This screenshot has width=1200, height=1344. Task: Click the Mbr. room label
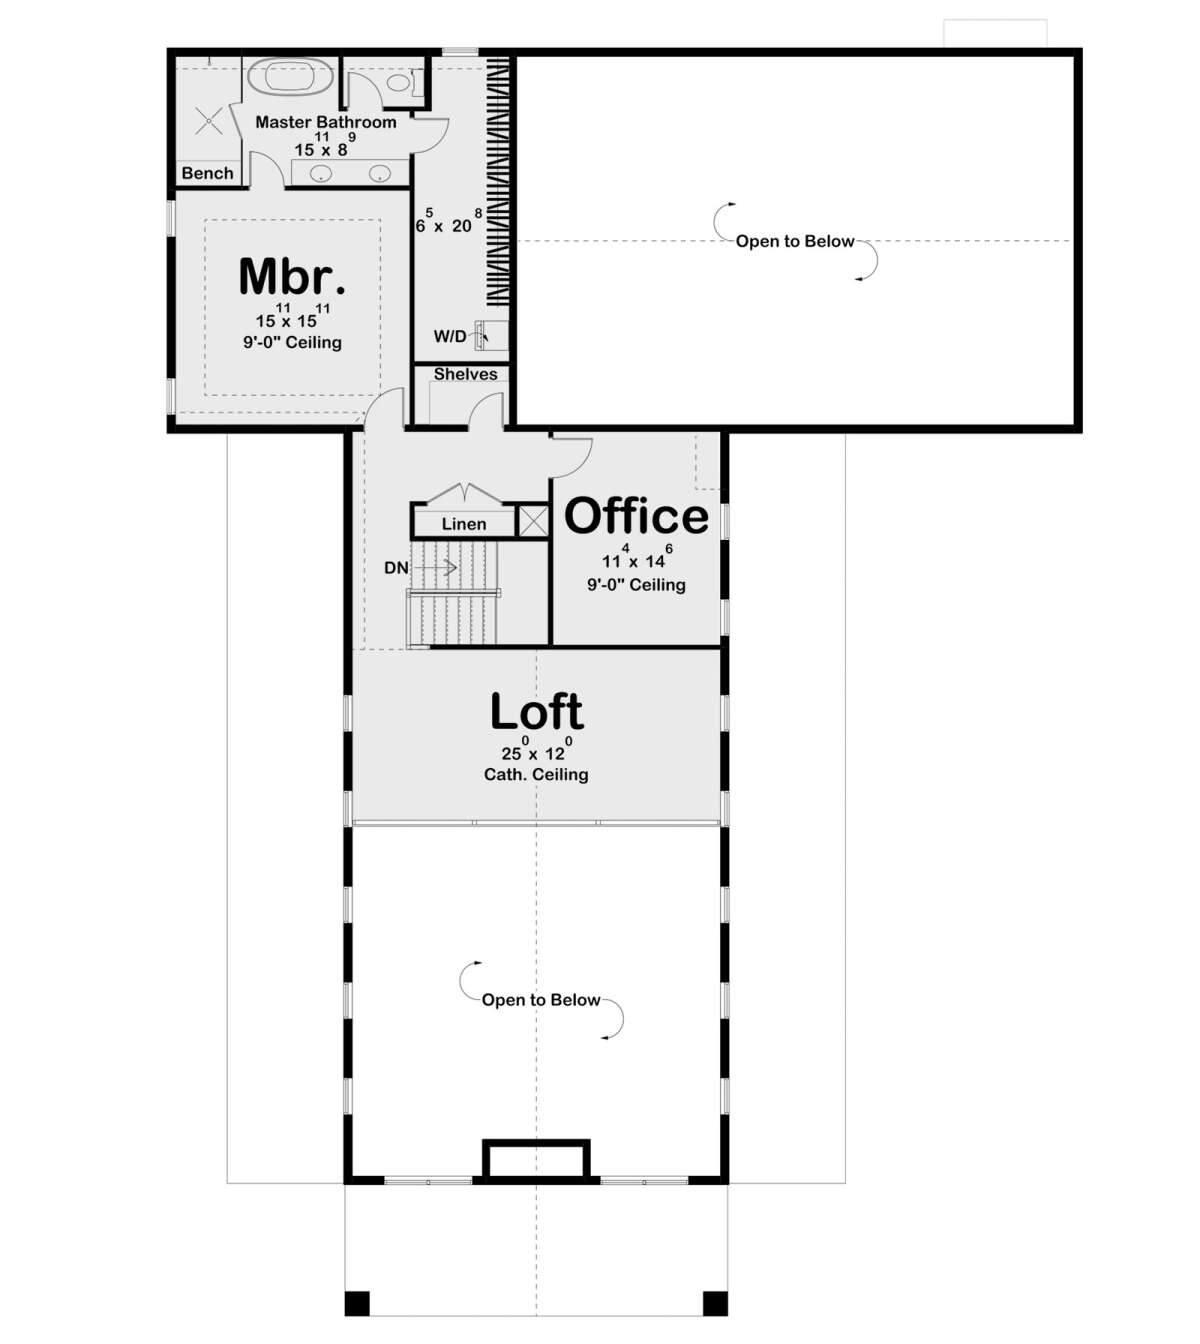pyautogui.click(x=292, y=277)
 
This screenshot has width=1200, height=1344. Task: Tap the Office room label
pyautogui.click(x=636, y=516)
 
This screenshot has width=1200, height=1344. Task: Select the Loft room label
pyautogui.click(x=537, y=712)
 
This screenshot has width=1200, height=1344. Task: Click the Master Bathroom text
pyautogui.click(x=325, y=122)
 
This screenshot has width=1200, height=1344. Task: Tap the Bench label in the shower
pyautogui.click(x=207, y=173)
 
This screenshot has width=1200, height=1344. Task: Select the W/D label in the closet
pyautogui.click(x=449, y=336)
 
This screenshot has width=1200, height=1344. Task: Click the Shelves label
pyautogui.click(x=465, y=374)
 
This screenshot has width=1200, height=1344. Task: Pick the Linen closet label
pyautogui.click(x=464, y=524)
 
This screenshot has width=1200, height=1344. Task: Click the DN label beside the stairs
pyautogui.click(x=396, y=568)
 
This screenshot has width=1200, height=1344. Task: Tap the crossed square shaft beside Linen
pyautogui.click(x=533, y=521)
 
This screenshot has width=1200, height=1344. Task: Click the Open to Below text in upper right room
pyautogui.click(x=795, y=241)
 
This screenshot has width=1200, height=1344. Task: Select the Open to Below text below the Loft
pyautogui.click(x=541, y=1000)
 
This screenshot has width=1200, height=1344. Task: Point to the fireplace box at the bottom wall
pyautogui.click(x=536, y=1160)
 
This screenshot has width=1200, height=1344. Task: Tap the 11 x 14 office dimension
pyautogui.click(x=635, y=560)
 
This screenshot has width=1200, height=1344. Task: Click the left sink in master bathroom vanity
pyautogui.click(x=321, y=174)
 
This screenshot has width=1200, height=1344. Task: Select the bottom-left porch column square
pyautogui.click(x=357, y=1303)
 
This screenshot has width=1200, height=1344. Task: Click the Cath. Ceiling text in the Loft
pyautogui.click(x=536, y=775)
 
